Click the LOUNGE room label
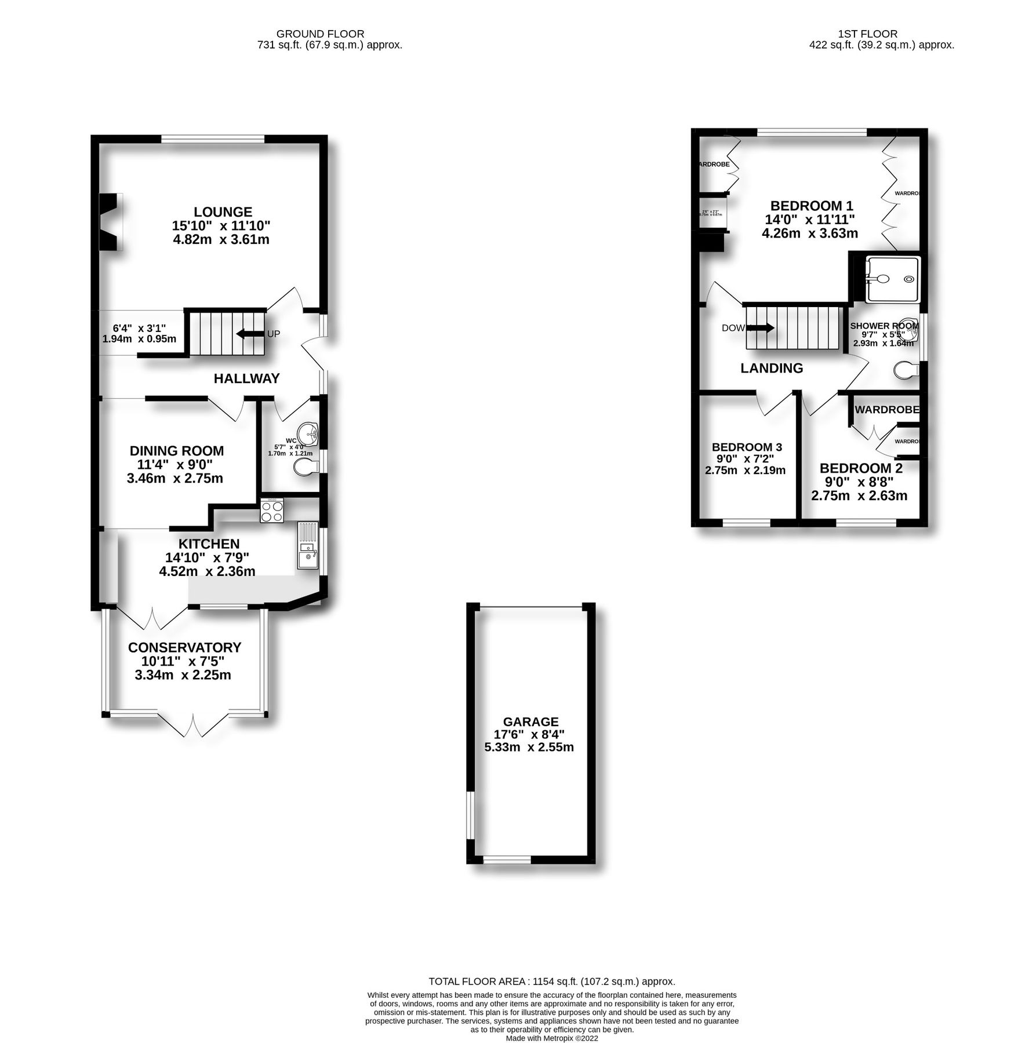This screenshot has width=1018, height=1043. coord(223,212)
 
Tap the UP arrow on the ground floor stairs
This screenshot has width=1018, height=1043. coord(250,334)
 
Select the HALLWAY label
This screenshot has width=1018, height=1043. coord(246,378)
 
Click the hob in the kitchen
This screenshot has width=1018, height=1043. coord(271,510)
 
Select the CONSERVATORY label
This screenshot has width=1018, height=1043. coord(184,647)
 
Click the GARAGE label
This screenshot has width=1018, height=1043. coord(530,721)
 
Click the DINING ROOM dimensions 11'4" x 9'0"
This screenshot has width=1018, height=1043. coord(175,464)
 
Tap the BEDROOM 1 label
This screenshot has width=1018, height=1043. coord(811,206)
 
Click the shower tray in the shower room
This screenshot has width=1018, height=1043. coord(892,280)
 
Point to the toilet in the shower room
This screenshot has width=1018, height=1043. coord(906,370)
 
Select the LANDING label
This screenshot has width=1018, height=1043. coord(772,368)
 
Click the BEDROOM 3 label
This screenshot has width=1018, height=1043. coord(747,447)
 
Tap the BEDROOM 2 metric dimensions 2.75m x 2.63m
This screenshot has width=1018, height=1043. coord(859,495)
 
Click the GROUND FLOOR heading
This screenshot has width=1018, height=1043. coord(320,34)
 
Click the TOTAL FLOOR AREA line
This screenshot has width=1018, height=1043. coord(551,982)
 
